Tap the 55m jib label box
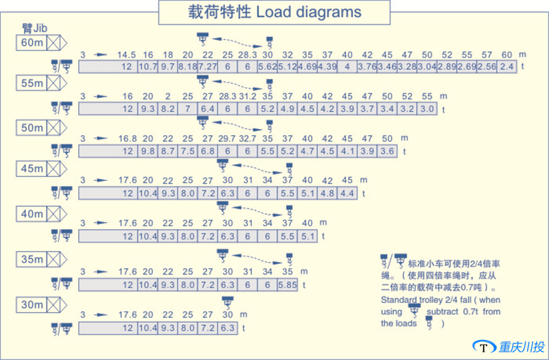click(32, 84)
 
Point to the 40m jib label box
click(32, 214)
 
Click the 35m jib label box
click(32, 259)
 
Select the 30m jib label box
click(32, 304)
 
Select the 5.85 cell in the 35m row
click(288, 284)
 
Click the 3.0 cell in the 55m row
click(427, 108)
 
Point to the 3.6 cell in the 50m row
click(388, 151)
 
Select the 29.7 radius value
click(226, 139)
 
